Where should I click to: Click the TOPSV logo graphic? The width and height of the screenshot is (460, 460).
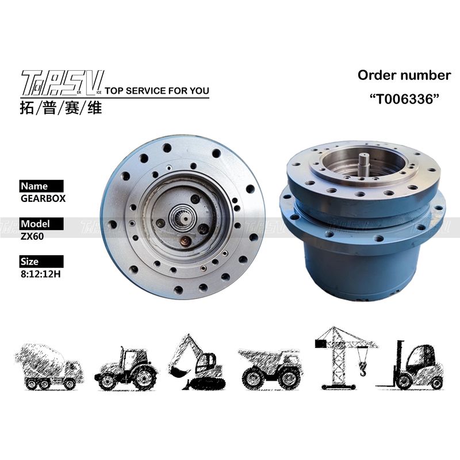(x=62, y=83)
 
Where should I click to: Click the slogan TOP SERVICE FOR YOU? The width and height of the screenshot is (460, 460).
(x=157, y=91)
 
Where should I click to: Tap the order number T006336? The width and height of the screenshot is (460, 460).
(x=404, y=99)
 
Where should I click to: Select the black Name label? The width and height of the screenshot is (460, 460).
(x=41, y=186)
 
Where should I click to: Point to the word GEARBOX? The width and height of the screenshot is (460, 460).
(x=43, y=198)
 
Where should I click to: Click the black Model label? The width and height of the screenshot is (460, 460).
(x=41, y=224)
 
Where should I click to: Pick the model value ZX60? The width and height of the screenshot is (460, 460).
(x=32, y=236)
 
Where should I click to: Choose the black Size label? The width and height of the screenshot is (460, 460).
(x=41, y=262)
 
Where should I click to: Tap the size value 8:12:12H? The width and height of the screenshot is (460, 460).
(x=40, y=274)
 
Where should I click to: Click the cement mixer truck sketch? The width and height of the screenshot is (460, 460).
(x=49, y=367)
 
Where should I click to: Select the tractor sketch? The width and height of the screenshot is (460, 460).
(x=125, y=369)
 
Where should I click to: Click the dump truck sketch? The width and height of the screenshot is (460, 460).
(x=270, y=369)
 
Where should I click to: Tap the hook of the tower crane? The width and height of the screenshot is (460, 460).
(x=363, y=369)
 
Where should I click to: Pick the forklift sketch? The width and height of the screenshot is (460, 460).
(x=411, y=365)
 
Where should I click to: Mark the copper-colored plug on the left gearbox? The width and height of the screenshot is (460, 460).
(x=185, y=241)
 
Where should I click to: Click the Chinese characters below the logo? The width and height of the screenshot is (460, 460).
(x=61, y=108)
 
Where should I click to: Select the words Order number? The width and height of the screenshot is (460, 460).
(x=404, y=75)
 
